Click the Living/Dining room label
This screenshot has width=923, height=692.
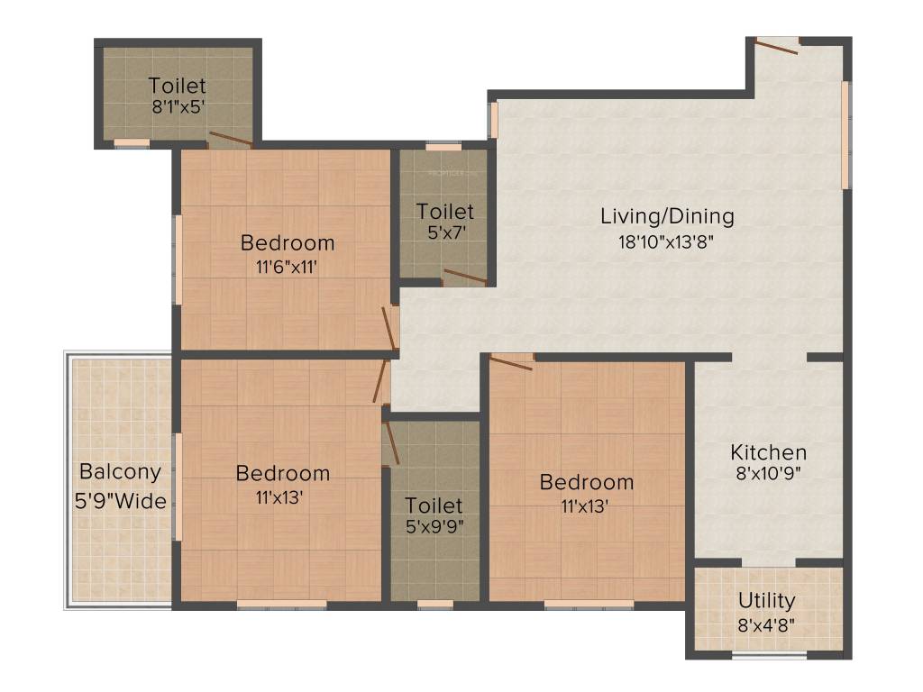[x=667, y=216]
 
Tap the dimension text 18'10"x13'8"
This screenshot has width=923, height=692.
[x=667, y=241]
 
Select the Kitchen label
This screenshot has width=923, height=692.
[x=768, y=452]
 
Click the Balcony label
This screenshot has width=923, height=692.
[x=120, y=471]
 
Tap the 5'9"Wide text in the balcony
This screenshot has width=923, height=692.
[x=121, y=501]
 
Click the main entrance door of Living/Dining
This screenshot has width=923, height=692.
[x=776, y=45]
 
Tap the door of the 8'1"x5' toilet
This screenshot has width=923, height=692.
[x=230, y=139]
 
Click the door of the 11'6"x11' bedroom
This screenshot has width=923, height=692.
[x=390, y=327]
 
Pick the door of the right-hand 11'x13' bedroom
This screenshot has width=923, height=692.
[x=511, y=362]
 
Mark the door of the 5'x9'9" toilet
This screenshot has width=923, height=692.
[x=390, y=442]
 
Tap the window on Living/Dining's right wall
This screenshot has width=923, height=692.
[x=845, y=135]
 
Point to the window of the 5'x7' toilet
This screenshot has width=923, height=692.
[x=443, y=146]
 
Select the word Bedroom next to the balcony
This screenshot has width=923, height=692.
[x=283, y=473]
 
